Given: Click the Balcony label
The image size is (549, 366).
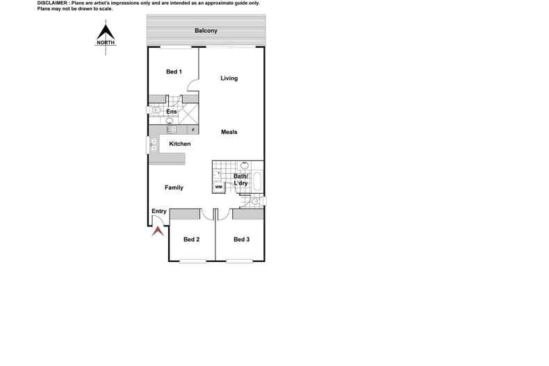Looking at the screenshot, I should [x=206, y=31].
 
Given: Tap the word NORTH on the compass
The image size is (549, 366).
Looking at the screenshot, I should [x=105, y=42].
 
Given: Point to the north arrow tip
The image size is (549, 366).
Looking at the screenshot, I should [x=105, y=24].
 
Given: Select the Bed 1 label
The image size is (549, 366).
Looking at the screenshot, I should [x=174, y=72].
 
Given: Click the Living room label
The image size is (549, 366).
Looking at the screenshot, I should [x=229, y=78].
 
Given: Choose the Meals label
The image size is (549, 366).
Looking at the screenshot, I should [x=230, y=131].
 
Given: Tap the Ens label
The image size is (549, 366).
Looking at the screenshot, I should [x=171, y=112].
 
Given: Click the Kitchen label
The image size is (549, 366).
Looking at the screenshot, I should [x=180, y=144].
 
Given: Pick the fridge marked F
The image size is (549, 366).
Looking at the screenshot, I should [x=192, y=130].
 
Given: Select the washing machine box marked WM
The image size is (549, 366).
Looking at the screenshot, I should [x=218, y=187].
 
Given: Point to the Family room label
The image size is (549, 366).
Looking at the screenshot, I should [x=174, y=188].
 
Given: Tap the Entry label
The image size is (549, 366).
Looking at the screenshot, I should [x=159, y=212].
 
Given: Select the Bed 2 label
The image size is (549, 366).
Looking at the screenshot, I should [x=192, y=240].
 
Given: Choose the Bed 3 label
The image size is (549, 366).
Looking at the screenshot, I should [x=241, y=240].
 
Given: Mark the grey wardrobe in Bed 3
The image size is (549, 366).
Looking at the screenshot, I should [x=248, y=214].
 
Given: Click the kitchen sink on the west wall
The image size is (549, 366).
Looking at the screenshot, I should [x=152, y=145].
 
